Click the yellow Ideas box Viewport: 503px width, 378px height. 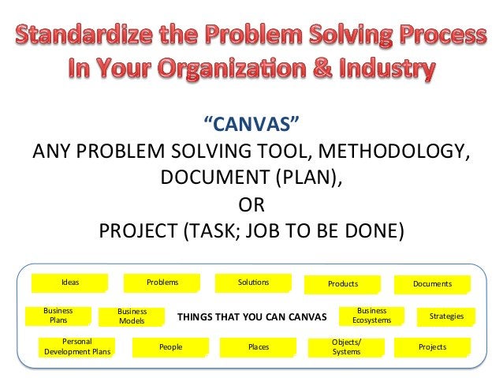tap(69, 283)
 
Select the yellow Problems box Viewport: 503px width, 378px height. tap(162, 283)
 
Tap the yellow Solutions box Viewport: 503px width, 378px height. tap(253, 283)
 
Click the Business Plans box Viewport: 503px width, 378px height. tap(58, 316)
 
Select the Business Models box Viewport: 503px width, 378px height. tap(132, 317)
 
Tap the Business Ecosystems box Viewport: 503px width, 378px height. tap(371, 316)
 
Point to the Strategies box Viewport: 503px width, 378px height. tap(446, 316)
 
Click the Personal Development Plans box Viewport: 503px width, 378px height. tap(76, 346)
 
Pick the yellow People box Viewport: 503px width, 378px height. tap(170, 346)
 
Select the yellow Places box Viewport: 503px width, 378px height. tap(258, 346)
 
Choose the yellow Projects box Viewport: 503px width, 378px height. tap(432, 346)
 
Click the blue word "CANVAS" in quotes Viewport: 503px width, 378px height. tap(251, 125)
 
